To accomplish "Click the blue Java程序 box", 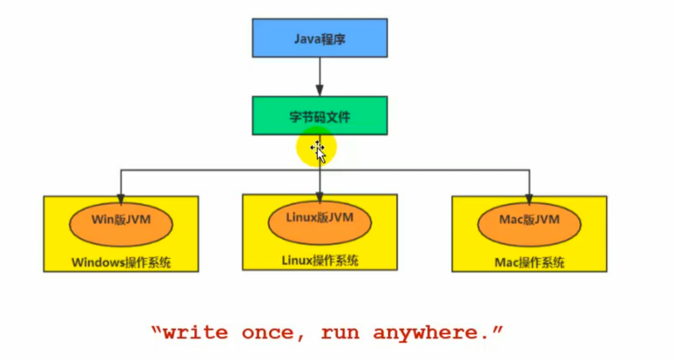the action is [319, 38].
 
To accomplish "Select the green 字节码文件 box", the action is [319, 116].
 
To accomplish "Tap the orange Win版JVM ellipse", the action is [121, 224].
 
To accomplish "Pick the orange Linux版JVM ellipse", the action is [320, 223].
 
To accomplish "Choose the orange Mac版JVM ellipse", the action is [529, 224].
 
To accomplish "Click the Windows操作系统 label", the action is [121, 262].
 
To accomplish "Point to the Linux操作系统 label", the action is [320, 261].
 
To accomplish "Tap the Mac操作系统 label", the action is [529, 262].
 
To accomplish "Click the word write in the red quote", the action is [195, 333].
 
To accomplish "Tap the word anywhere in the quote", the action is [432, 333].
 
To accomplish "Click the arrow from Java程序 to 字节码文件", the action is [319, 77].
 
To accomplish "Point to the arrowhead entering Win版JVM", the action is [121, 199].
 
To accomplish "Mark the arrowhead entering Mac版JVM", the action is [529, 199].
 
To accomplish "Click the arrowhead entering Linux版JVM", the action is [319, 198].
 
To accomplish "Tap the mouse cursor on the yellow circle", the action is [319, 151].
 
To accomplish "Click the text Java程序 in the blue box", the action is [320, 39].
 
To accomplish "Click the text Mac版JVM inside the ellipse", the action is [529, 219].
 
